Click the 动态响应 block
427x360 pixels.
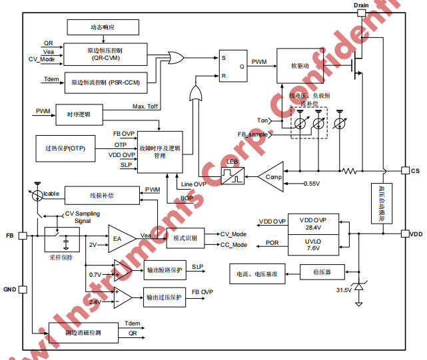pos(103,27)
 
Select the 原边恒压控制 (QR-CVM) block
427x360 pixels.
pos(104,53)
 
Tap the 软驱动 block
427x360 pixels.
pos(298,65)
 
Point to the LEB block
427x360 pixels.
pos(232,175)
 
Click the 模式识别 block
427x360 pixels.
pos(185,238)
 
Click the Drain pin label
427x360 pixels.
pos(360,5)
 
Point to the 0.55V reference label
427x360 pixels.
pos(314,183)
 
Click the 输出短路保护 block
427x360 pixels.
pos(165,270)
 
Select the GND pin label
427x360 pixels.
pos(9,289)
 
